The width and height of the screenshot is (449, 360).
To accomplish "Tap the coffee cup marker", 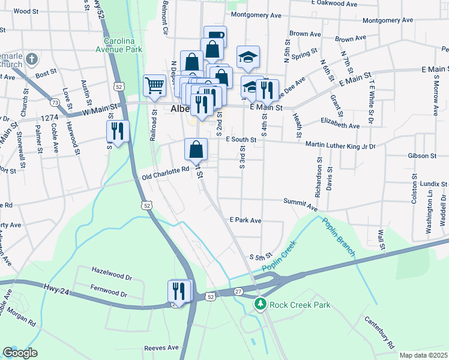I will coord(215,36).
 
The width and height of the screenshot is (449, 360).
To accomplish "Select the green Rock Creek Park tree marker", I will coord(260,305).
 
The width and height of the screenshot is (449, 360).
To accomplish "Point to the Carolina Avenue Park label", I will coord(123,44).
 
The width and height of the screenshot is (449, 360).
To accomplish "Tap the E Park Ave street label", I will coord(246,220).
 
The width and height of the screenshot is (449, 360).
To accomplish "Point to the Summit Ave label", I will coord(300,205).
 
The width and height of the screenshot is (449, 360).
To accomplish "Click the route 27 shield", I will coord(238,292).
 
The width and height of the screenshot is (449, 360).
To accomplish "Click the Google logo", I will coord(20,352).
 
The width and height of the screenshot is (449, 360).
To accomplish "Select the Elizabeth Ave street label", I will coord(340,127).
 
